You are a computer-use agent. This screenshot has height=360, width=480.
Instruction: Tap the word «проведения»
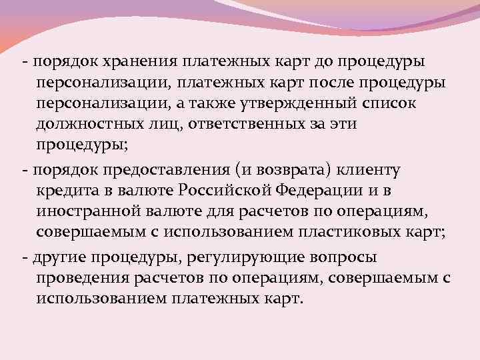(83, 277)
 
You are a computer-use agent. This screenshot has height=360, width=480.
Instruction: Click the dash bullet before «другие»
(24, 256)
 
